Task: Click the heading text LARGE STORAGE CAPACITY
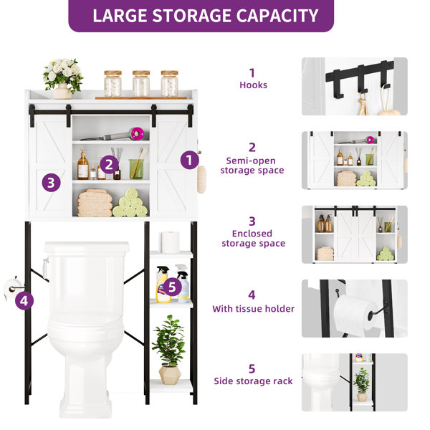(205, 15)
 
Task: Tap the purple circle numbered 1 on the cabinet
(189, 160)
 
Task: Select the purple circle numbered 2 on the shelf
(109, 164)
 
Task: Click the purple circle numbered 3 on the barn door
(49, 182)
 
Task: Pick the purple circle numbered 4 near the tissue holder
(24, 300)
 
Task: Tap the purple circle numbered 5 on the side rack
(170, 287)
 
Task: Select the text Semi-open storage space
(254, 166)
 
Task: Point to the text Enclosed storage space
(252, 239)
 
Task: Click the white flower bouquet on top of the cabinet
(63, 77)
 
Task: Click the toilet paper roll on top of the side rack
(170, 242)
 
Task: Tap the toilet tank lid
(86, 247)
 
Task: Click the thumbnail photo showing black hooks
(354, 86)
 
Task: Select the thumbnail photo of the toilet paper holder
(354, 308)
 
